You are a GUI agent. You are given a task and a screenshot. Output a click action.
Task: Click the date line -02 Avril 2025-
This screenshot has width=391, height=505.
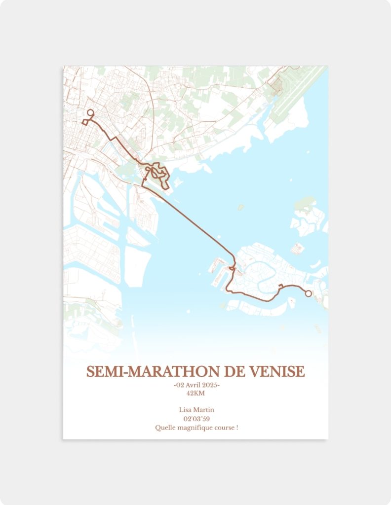coord(196,385)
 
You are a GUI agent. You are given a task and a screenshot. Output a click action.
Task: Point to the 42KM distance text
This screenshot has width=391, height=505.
coord(195,393)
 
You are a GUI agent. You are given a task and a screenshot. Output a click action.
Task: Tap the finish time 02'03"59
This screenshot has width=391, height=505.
coord(196,419)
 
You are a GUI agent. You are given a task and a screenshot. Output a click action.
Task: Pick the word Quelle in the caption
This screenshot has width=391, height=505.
coord(164,428)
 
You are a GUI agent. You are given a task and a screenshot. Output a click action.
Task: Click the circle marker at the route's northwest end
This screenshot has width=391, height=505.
coord(90,112)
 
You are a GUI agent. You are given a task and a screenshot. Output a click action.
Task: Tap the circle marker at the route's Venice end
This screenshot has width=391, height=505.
coord(309,293)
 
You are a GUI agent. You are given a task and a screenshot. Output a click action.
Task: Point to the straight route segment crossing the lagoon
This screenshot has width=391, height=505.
coord(197,222)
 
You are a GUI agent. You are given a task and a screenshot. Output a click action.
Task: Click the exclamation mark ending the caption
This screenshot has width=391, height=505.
coord(237,428)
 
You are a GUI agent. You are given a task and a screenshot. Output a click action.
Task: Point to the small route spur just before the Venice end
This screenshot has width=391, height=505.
coord(280,287)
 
